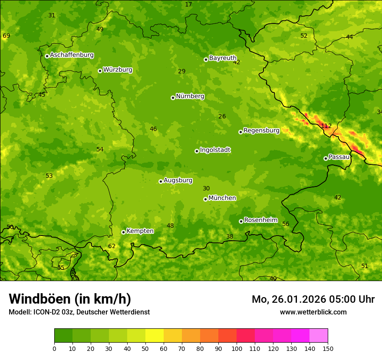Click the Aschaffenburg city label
click(72, 55)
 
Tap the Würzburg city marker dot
click(100, 71)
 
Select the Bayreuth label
click(223, 58)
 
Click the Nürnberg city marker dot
click(173, 98)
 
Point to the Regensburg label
click(261, 131)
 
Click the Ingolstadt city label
click(215, 150)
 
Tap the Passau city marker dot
click(326, 158)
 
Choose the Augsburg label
click(178, 180)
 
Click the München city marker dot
click(205, 199)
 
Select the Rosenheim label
click(260, 220)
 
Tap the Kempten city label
click(140, 231)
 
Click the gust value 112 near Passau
click(326, 126)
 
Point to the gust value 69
click(6, 36)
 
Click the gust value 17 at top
click(188, 4)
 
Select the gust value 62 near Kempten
click(112, 246)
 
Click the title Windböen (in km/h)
click(70, 299)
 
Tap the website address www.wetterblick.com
click(313, 312)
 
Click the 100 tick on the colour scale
click(237, 348)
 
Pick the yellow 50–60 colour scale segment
click(155, 335)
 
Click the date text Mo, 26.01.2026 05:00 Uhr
click(313, 299)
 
